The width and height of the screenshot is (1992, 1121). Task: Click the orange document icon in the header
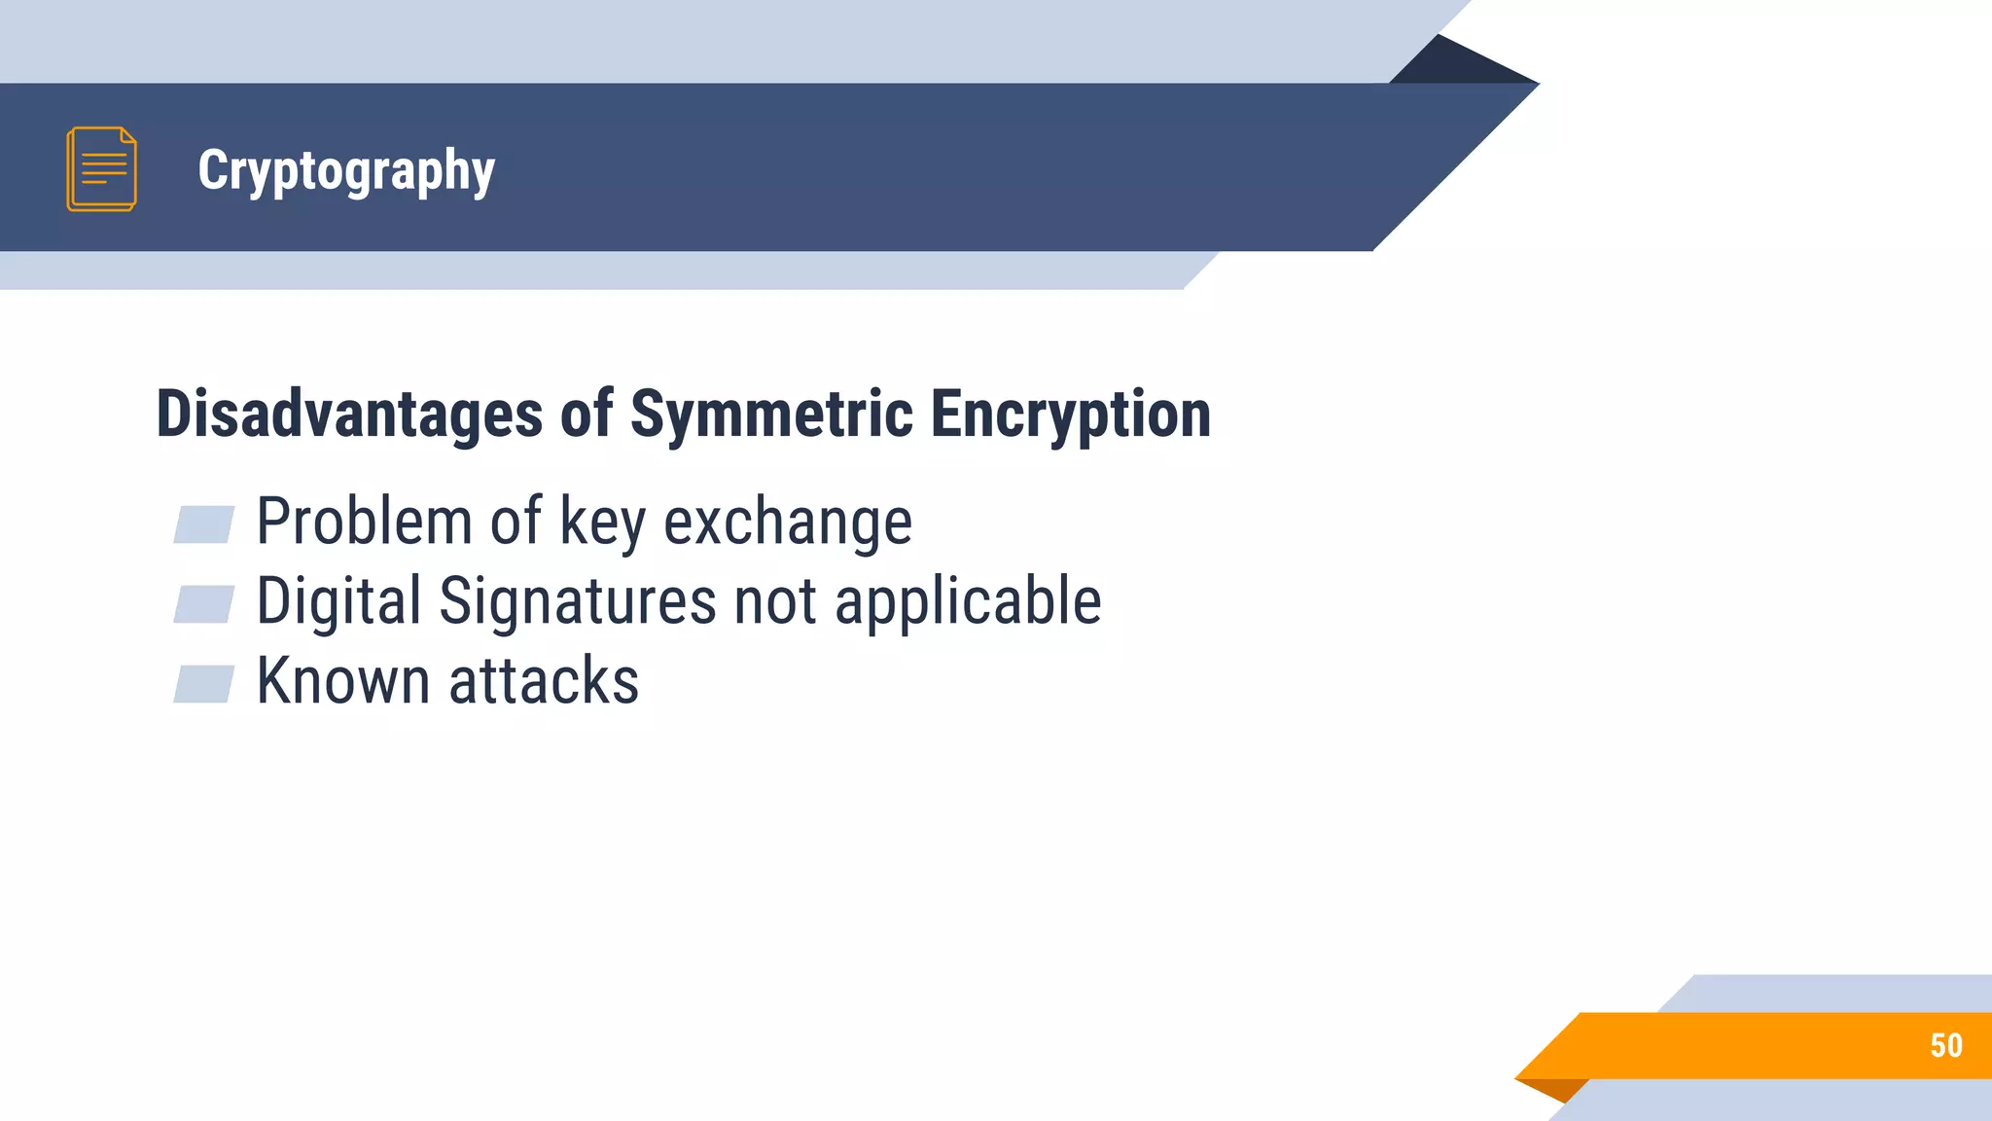coord(101,168)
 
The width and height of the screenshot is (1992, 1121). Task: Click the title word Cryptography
coord(346,171)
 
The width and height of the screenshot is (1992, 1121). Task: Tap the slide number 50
coord(1945,1045)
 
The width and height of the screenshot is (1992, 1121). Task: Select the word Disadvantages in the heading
coord(348,414)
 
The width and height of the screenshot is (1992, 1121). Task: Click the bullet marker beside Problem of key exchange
coord(203,524)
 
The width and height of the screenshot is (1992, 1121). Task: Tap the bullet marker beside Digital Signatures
coord(203,604)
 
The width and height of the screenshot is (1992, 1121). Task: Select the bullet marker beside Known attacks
coord(203,683)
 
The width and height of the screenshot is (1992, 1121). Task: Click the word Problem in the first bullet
coord(364,522)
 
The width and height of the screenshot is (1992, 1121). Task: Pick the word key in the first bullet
coord(602,524)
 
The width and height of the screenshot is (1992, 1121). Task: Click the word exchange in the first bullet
coord(788,524)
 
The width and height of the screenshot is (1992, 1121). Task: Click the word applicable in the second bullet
coord(968,602)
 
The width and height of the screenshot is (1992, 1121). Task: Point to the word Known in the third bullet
coord(342,680)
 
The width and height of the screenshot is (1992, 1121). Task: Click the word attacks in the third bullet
coord(544,681)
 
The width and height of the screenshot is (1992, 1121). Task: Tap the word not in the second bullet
coord(775,602)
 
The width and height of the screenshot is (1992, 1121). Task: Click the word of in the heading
coord(587,414)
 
